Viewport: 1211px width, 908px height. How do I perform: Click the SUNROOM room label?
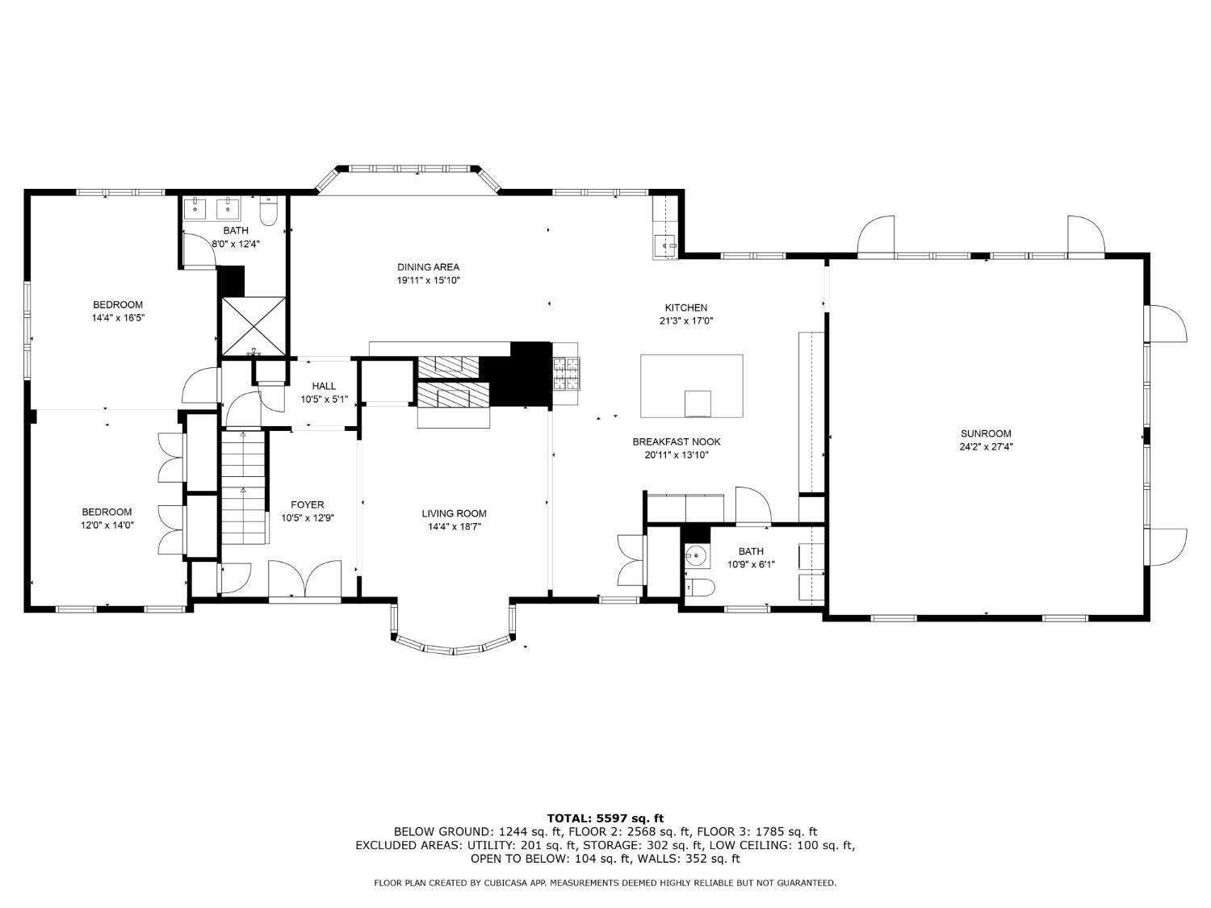click(986, 433)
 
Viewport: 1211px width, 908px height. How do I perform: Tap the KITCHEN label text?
click(685, 308)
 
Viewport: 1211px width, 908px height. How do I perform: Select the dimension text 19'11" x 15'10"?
click(428, 281)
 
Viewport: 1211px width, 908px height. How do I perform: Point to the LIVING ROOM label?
click(454, 513)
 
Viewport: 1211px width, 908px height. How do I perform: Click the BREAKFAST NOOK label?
click(676, 441)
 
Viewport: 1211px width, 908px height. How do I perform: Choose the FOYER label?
click(308, 505)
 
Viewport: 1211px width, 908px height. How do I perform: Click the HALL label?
click(324, 387)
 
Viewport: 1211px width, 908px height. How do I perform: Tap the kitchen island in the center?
click(691, 386)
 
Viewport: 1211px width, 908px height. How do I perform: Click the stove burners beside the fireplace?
click(565, 374)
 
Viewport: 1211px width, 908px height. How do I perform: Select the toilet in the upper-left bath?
click(269, 211)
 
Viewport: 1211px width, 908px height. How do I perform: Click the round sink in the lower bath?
click(695, 555)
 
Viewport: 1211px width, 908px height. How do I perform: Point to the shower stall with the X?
click(254, 326)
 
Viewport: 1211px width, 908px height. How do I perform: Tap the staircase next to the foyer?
click(243, 489)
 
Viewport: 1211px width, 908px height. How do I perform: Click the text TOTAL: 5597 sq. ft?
click(605, 818)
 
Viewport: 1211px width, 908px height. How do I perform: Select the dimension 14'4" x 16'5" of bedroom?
click(118, 318)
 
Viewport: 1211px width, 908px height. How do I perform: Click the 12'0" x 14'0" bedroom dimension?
click(107, 525)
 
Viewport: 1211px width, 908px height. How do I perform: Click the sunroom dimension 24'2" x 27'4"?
click(986, 446)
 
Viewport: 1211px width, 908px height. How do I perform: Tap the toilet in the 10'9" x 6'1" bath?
click(699, 588)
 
